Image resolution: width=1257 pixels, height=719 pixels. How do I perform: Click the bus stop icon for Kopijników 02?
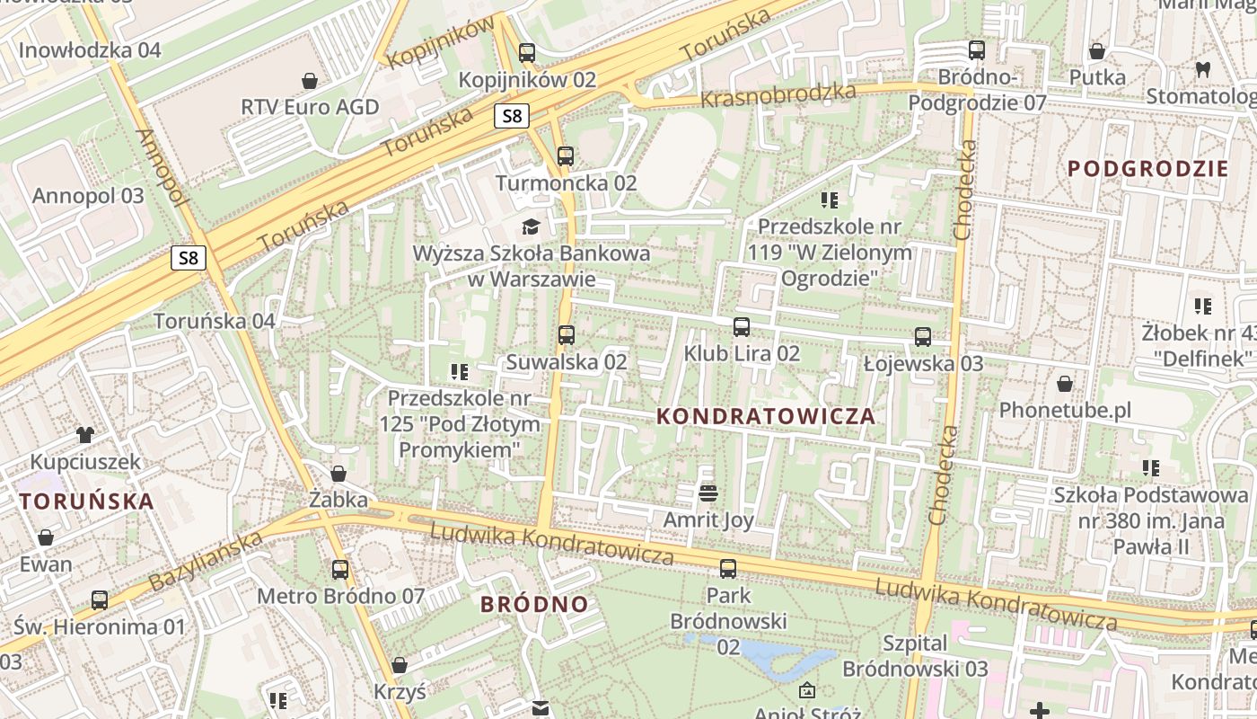[527, 52]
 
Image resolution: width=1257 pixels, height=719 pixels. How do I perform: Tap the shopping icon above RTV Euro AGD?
[310, 81]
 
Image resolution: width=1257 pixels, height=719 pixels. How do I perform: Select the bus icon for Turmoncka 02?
[565, 155]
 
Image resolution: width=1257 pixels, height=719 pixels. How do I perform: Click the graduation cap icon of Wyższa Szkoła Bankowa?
[531, 226]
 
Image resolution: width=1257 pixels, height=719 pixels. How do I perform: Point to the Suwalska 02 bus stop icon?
[566, 335]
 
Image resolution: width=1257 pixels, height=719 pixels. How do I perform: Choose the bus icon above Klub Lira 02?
[742, 326]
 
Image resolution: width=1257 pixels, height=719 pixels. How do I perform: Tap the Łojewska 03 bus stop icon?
[923, 337]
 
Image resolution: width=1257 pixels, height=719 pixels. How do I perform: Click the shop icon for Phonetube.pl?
[1065, 384]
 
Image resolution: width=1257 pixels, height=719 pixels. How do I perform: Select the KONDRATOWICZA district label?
[766, 416]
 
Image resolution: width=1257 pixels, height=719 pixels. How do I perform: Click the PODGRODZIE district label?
[1147, 168]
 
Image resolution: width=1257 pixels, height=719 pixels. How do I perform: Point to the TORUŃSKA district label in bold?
[86, 502]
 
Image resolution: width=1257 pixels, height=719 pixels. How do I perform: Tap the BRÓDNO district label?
[534, 604]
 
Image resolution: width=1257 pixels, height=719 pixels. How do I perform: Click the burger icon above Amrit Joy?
[708, 493]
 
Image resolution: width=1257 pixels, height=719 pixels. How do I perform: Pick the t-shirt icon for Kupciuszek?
[85, 435]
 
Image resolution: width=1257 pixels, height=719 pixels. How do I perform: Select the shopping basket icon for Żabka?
[338, 473]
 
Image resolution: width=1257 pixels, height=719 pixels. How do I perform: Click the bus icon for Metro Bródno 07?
[340, 569]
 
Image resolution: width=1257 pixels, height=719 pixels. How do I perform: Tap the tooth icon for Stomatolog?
[1202, 69]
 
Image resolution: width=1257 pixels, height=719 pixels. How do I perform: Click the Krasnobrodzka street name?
[778, 95]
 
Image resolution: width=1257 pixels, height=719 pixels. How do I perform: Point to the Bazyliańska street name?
[206, 561]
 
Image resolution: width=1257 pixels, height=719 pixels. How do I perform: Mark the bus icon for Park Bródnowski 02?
[728, 568]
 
